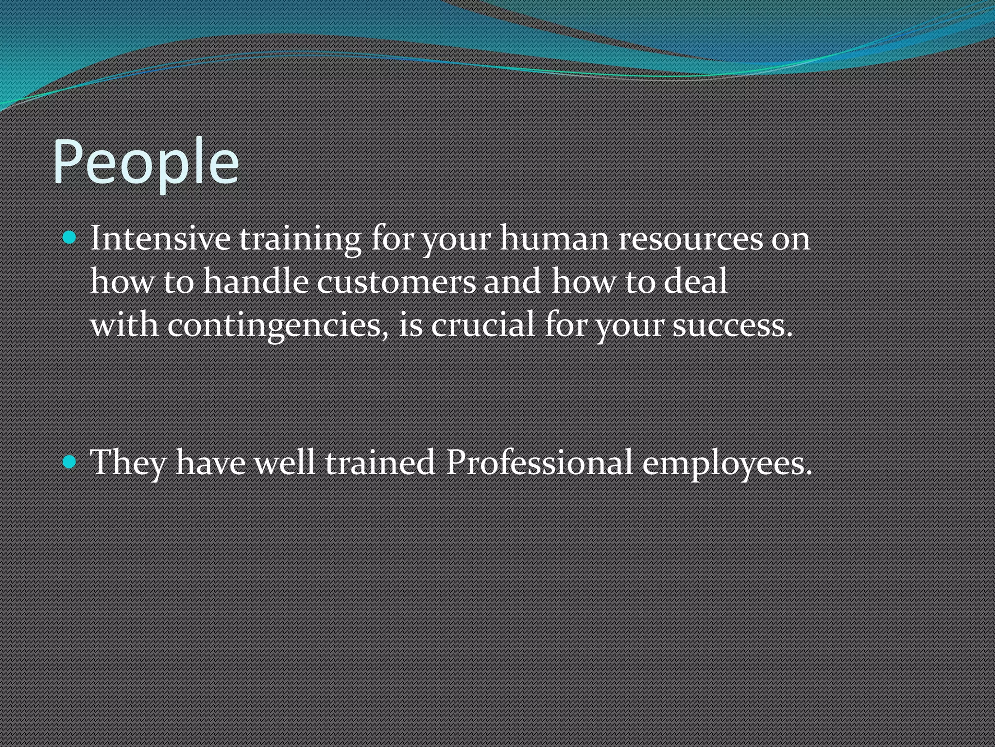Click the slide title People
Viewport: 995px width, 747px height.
(x=146, y=162)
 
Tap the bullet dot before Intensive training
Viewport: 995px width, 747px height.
(x=70, y=238)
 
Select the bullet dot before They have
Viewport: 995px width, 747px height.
(x=70, y=462)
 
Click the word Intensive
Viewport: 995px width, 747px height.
(x=160, y=239)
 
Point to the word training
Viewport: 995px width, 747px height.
(x=300, y=240)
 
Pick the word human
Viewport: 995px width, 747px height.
(x=554, y=239)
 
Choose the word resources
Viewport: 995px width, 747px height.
(x=690, y=240)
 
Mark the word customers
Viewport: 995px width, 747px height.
(x=396, y=282)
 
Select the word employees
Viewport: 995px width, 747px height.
(x=727, y=463)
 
